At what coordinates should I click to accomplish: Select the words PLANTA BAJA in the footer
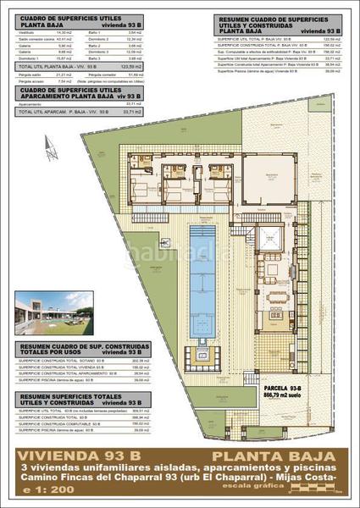pyautogui.click(x=280, y=455)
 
